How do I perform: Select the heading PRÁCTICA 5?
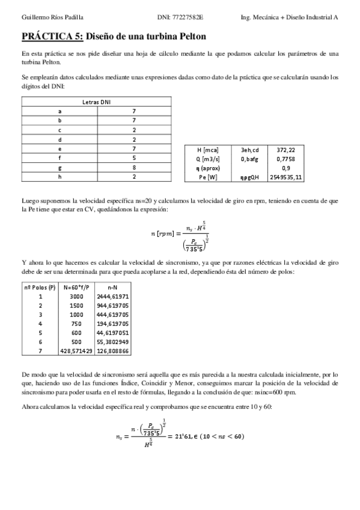coord(52,37)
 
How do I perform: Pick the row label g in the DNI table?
coord(59,168)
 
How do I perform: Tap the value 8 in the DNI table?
coord(135,168)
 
